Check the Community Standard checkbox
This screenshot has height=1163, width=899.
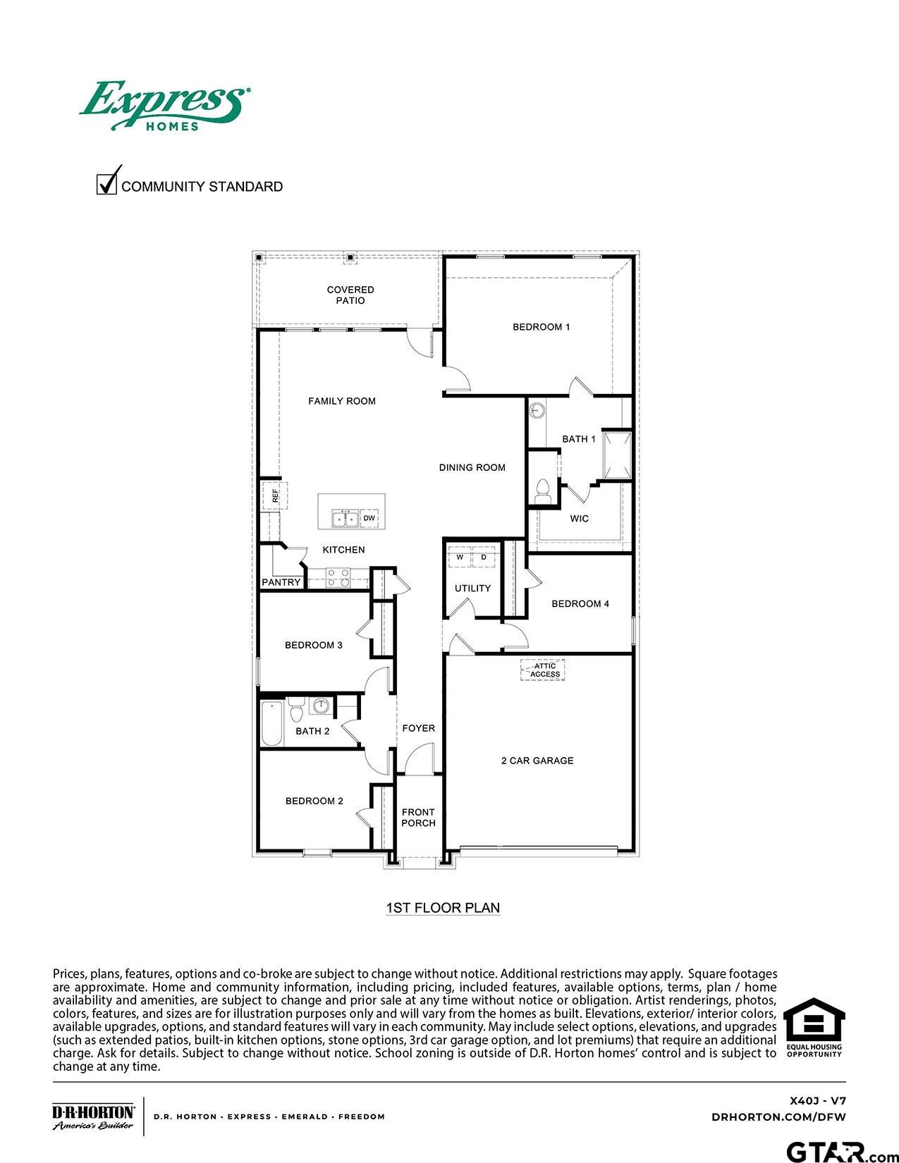coord(106,183)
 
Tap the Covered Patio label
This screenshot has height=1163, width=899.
coord(350,295)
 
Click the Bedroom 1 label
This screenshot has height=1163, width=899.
coord(541,327)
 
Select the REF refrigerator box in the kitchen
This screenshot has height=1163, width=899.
coord(274,496)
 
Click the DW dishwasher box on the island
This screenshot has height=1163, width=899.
coord(369,519)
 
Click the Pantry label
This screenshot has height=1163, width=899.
coord(281,582)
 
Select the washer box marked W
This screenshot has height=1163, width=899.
coord(460,557)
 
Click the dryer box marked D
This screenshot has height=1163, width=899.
coord(484,557)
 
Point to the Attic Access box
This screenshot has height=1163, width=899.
coord(544,670)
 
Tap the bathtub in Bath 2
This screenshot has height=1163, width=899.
coord(271,723)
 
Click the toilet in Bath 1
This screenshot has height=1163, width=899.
coord(542,491)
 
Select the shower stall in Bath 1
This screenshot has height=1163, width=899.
coord(616,456)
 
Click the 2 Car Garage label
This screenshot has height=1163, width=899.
coord(537,761)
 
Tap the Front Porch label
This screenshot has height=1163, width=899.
coord(418,818)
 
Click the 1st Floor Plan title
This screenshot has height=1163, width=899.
coord(443,908)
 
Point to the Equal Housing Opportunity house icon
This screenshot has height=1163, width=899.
coord(814,1020)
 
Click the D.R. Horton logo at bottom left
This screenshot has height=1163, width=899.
coord(93,1116)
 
